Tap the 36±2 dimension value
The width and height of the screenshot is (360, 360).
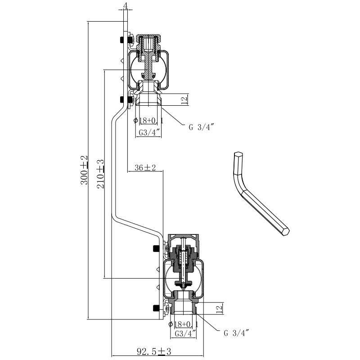tap(145, 168)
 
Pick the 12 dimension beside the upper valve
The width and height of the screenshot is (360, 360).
tap(184, 100)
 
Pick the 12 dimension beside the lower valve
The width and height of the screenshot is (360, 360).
tap(218, 309)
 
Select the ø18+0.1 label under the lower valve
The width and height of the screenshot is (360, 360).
tap(184, 324)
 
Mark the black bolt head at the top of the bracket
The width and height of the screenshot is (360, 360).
tap(122, 40)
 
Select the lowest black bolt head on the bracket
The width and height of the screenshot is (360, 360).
tap(157, 308)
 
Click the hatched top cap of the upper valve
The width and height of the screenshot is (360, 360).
tap(147, 43)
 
